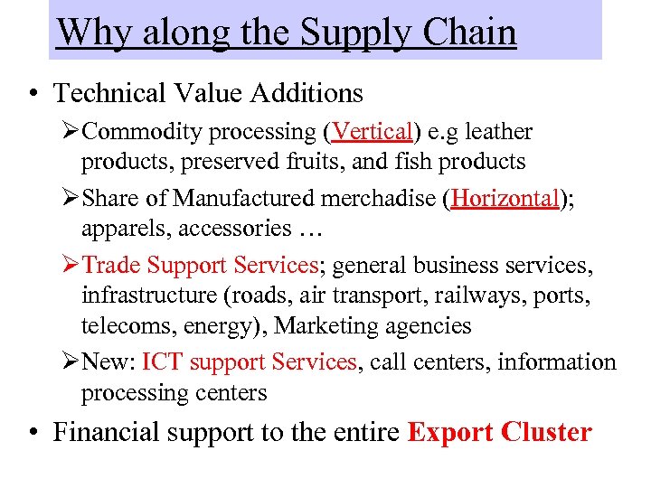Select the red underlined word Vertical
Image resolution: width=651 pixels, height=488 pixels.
coord(373,132)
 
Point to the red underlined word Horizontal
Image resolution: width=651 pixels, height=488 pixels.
coord(506,198)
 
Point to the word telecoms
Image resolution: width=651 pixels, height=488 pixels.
coord(120,326)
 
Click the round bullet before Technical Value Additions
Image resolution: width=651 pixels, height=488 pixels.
coord(33,94)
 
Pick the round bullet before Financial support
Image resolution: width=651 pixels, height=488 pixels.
coord(33,433)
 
